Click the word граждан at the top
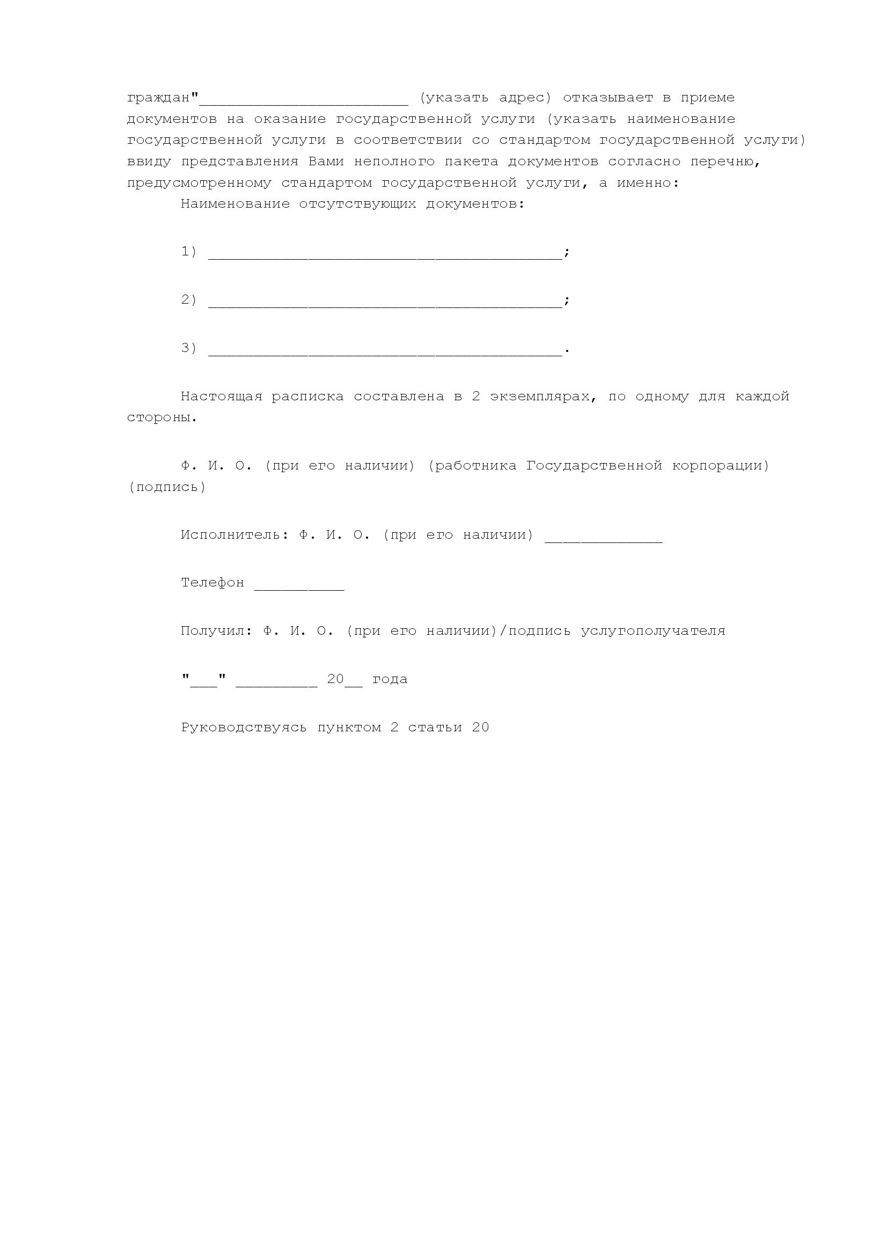[158, 98]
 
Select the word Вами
[326, 162]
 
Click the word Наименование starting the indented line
[235, 204]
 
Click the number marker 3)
[188, 348]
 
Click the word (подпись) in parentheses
[167, 487]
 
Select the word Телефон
[212, 583]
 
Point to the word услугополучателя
[653, 631]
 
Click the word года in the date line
[390, 679]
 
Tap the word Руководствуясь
[244, 728]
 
